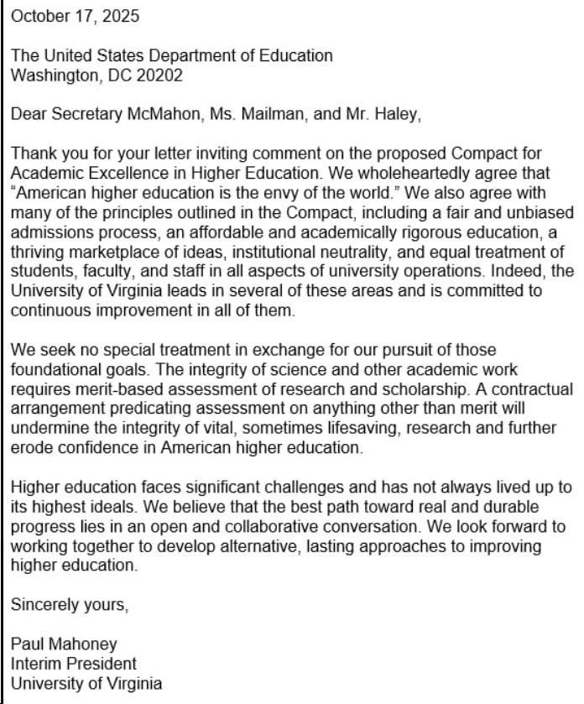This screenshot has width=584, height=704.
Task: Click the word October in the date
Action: [36, 16]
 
